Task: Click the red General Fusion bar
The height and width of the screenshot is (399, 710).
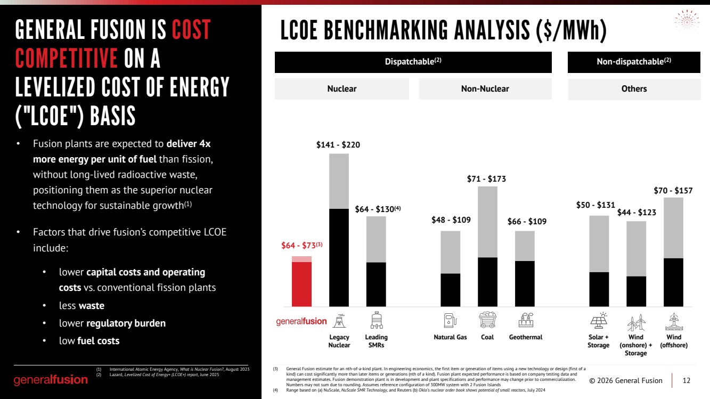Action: (301, 281)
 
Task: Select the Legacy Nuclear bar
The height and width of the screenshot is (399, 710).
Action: (339, 230)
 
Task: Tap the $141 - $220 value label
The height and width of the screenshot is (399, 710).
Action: (338, 145)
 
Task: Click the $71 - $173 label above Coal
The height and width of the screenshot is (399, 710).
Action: (486, 179)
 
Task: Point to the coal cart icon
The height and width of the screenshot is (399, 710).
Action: (487, 320)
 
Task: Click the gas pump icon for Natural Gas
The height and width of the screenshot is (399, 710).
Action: (450, 320)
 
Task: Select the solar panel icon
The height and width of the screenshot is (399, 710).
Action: (599, 320)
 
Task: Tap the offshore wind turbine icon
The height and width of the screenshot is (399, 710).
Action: (674, 322)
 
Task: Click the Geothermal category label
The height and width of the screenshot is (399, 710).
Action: (526, 337)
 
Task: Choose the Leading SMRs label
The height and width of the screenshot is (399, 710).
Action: (376, 341)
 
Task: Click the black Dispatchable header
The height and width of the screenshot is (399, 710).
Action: (413, 62)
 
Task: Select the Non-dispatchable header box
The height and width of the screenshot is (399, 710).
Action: (634, 62)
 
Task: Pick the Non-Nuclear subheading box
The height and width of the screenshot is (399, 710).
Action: (485, 89)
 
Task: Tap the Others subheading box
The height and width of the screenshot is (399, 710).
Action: (634, 89)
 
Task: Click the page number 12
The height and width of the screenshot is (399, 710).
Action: (686, 380)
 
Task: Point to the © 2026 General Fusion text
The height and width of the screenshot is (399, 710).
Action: (626, 380)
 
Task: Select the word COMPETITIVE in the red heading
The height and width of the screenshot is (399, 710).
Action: (67, 58)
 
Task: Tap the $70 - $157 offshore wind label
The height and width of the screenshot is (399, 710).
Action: (673, 191)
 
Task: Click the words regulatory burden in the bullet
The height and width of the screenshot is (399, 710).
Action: (126, 323)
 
